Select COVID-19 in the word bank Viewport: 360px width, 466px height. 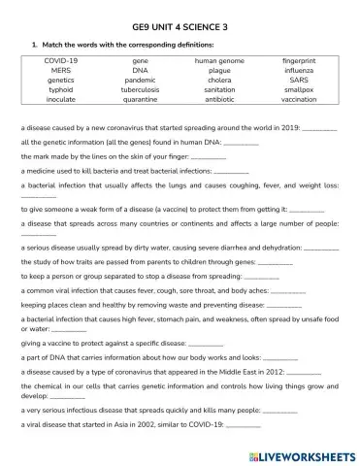pos(60,60)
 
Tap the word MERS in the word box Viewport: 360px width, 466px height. pos(60,71)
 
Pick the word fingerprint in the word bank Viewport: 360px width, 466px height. pos(299,60)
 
